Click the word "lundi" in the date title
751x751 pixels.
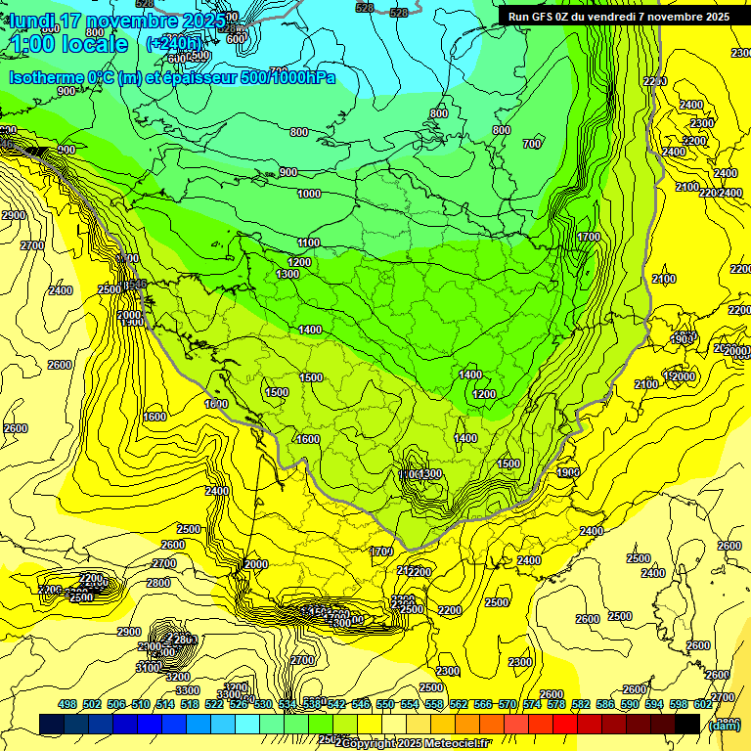coord(35,21)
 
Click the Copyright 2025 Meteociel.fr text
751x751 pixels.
coord(416,744)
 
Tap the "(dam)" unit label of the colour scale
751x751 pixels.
coord(723,724)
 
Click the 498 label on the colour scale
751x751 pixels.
coord(67,704)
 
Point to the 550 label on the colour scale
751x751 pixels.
coord(385,704)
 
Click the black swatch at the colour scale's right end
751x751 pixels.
coord(687,724)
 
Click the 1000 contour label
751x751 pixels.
coord(309,194)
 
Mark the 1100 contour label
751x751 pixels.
coord(309,243)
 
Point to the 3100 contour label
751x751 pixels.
coord(148,667)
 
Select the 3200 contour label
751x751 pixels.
coord(177,677)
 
